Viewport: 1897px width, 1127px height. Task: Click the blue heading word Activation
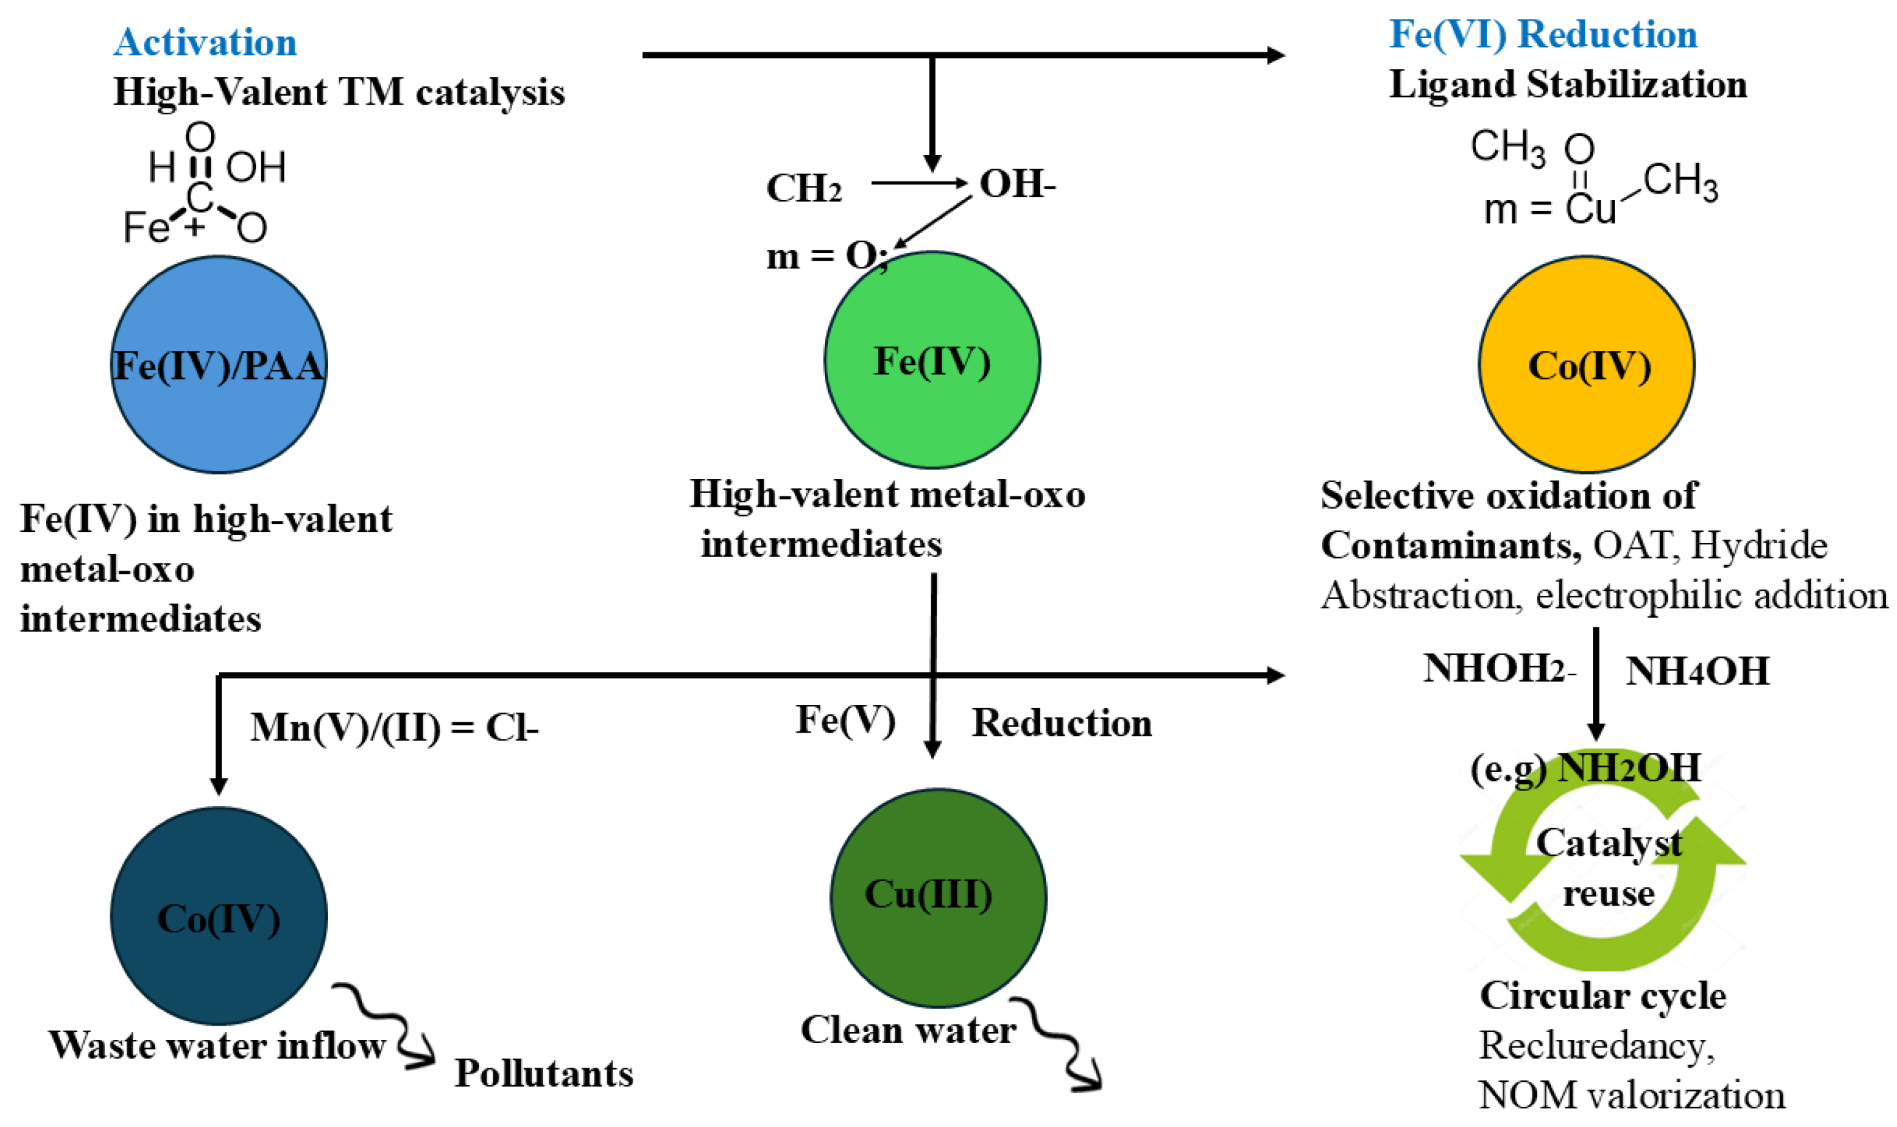click(x=205, y=42)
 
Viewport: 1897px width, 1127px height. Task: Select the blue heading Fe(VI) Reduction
click(x=1543, y=35)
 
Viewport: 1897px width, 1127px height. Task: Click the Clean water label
click(x=908, y=1031)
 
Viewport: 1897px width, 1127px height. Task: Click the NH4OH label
click(x=1698, y=671)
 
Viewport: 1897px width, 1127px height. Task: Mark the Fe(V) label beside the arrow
click(x=845, y=719)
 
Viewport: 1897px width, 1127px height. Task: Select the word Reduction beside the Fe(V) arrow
click(x=1062, y=722)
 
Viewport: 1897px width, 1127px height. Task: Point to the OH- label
click(x=1017, y=184)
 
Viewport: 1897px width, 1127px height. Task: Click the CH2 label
click(x=804, y=188)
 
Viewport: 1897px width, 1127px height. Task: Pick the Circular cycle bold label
click(x=1603, y=995)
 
